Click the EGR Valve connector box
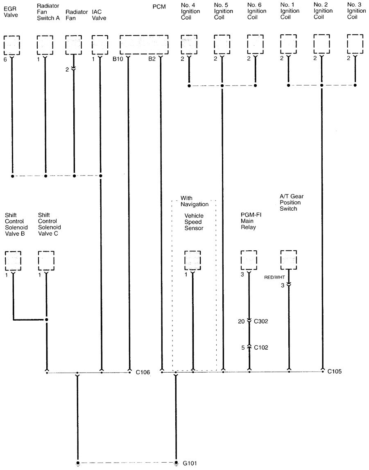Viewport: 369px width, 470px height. coord(12,45)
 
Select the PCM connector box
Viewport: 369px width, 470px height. coord(144,45)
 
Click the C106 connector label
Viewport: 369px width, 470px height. coord(143,372)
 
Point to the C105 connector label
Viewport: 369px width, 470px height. coord(335,371)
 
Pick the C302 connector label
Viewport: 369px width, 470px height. coord(261,321)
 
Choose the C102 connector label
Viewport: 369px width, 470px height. coord(261,348)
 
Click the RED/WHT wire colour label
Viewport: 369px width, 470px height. coord(274,277)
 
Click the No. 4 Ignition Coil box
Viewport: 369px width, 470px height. coord(189,45)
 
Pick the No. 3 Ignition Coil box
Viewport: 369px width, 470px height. coord(355,45)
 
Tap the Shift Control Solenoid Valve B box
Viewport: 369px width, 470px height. coord(13,261)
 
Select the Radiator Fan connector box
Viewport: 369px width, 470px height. coord(74,45)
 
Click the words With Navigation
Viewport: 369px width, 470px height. coord(194,201)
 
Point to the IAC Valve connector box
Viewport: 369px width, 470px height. coord(100,45)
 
